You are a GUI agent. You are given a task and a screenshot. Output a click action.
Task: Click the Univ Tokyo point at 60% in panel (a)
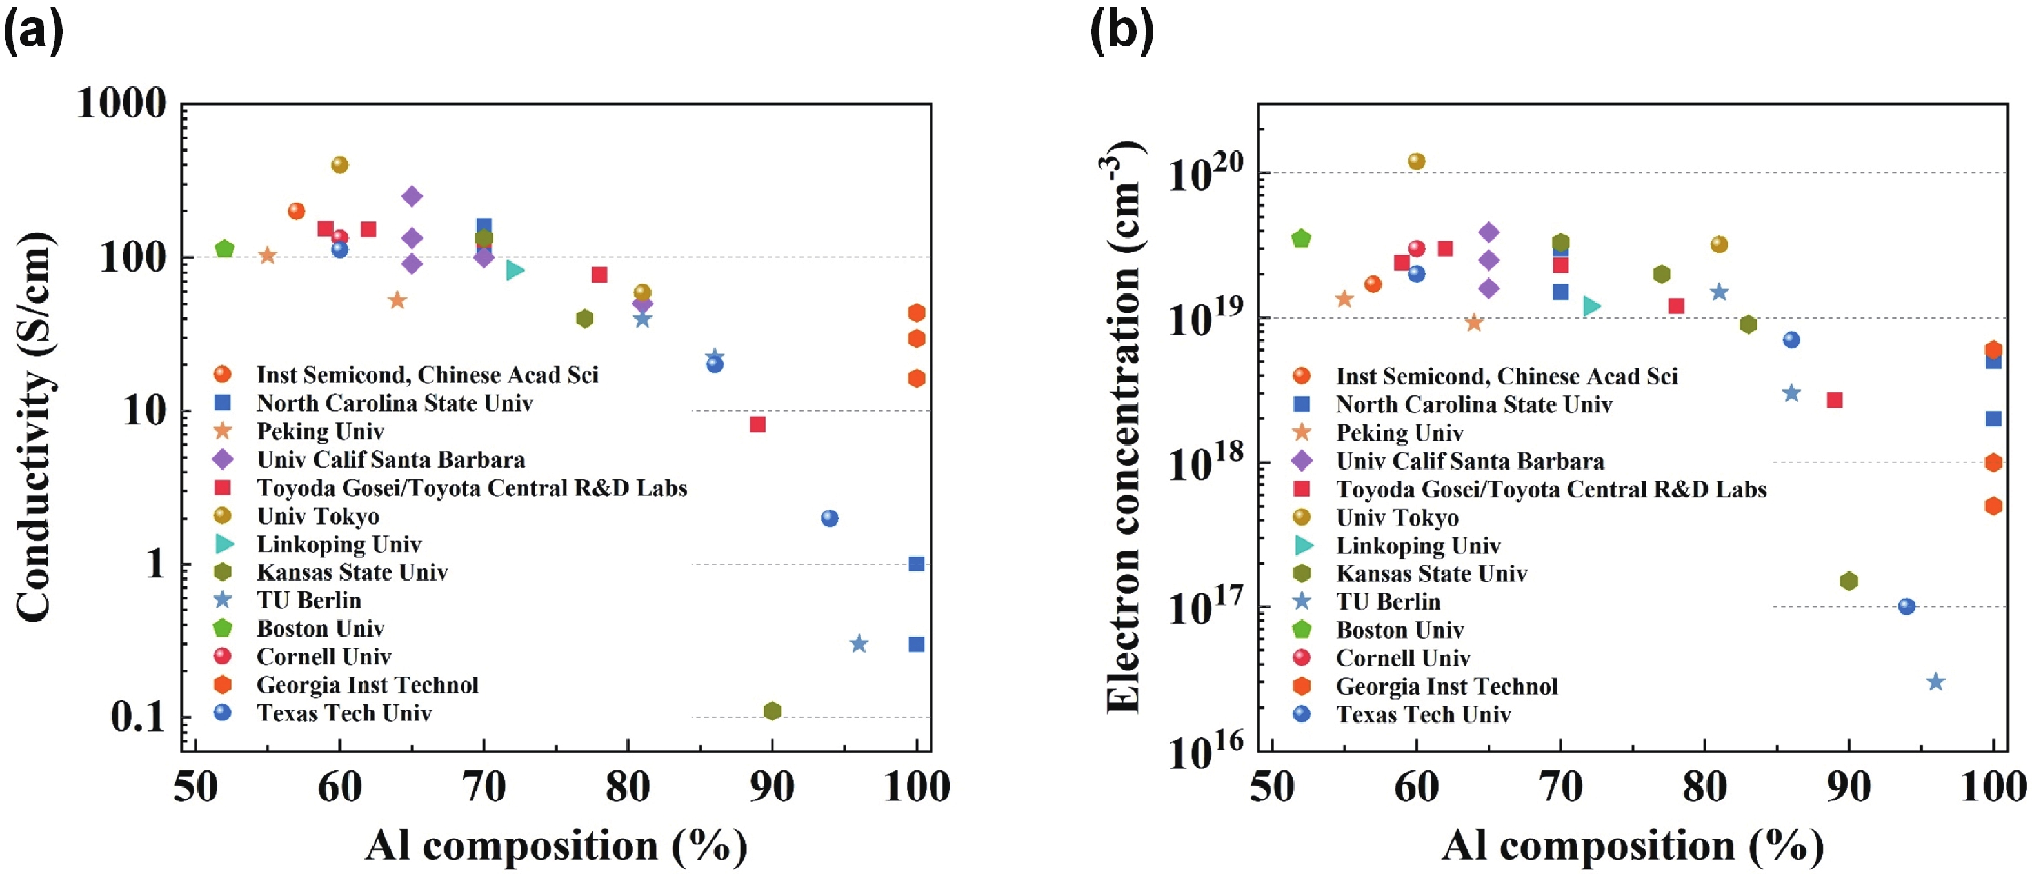point(339,165)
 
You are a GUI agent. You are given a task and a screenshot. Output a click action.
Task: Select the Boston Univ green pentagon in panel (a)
point(225,249)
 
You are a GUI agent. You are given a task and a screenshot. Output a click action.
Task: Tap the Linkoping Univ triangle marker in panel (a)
point(514,270)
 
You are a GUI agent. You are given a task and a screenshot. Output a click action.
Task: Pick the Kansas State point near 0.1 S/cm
point(772,711)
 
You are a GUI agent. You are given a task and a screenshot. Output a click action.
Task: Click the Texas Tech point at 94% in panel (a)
point(829,518)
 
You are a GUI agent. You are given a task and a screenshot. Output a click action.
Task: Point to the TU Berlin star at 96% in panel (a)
point(859,644)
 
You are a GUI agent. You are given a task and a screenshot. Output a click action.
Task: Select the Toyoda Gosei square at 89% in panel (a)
point(757,424)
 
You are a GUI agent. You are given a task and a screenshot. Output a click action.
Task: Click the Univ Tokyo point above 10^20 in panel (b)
point(1416,161)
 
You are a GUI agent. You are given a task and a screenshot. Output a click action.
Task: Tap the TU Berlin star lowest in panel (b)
point(1935,682)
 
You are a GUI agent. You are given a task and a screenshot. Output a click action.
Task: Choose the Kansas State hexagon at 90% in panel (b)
point(1848,581)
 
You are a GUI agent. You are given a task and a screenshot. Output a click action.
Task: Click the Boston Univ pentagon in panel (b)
point(1300,238)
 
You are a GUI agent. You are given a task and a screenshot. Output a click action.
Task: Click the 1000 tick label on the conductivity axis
point(123,103)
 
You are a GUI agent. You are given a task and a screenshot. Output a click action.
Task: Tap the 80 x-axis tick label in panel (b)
point(1704,787)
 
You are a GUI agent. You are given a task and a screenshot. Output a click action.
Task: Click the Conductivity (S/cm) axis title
point(35,426)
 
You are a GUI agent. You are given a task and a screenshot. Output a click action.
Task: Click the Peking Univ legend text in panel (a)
point(320,432)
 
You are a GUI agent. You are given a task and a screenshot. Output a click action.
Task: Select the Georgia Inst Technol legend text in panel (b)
point(1446,686)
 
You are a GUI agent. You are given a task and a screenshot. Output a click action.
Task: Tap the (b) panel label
point(1121,32)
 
